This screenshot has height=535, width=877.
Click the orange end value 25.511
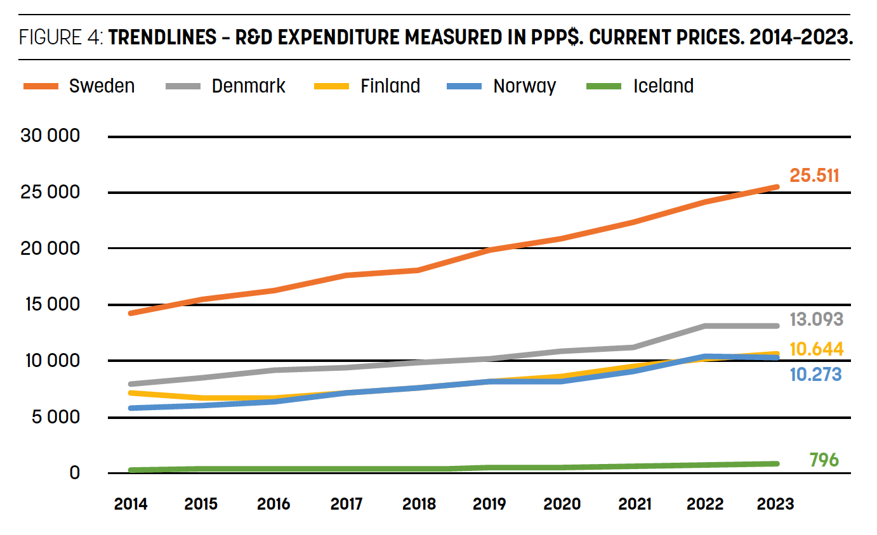click(x=814, y=176)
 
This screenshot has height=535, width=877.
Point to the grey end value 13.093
click(x=816, y=319)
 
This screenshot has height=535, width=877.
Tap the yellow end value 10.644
click(x=816, y=349)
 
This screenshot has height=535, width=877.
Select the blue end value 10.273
click(x=815, y=375)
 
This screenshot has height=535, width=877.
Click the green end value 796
click(x=824, y=460)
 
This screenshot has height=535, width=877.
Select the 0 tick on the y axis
click(x=74, y=473)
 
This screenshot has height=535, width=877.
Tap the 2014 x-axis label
click(x=131, y=504)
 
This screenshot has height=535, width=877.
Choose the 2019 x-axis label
click(x=490, y=504)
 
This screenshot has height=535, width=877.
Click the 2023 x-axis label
click(x=775, y=504)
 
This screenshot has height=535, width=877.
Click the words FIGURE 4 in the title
click(x=60, y=37)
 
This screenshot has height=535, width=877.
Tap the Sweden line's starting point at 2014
click(x=131, y=313)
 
